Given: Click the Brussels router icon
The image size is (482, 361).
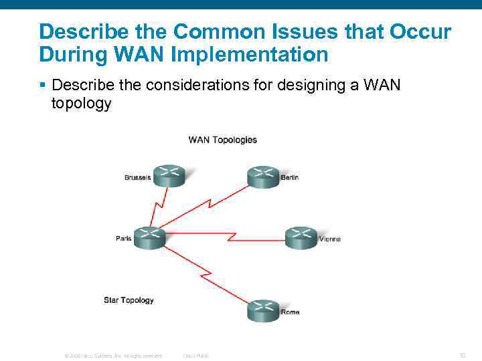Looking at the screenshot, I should point(168,176).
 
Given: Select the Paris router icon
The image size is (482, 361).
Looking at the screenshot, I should point(149,237).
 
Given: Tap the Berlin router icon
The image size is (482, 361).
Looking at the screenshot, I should point(262,176).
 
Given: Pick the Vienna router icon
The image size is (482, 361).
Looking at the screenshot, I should point(301,237).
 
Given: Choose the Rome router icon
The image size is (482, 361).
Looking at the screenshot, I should point(262,311).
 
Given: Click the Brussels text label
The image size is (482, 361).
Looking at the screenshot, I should point(137,177).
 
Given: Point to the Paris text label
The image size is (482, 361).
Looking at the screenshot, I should point(124,239).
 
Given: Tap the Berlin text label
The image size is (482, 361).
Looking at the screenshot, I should point(289,177).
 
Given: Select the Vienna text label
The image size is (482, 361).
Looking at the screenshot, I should point(329,239).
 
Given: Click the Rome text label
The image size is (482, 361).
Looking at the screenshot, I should point(290,312).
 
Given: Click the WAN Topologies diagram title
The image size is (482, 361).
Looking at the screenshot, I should point(222,140).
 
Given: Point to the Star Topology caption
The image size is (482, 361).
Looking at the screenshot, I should point(129,300).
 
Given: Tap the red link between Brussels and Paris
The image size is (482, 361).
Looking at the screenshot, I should point(158,207).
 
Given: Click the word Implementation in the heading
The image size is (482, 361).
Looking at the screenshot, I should point(250,54).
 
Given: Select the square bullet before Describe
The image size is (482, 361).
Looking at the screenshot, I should point(42,86).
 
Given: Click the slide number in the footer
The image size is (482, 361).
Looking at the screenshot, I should point(462,356).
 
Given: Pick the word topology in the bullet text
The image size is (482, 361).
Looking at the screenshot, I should point(81,104).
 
